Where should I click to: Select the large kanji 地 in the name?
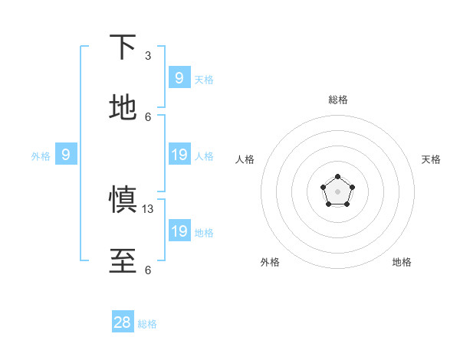(123, 108)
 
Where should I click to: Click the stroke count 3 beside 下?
(148, 56)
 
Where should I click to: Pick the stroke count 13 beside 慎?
(149, 208)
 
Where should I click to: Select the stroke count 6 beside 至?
(148, 270)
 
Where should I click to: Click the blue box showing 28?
(123, 322)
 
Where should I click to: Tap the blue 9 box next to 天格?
(179, 77)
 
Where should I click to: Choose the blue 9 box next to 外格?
(66, 155)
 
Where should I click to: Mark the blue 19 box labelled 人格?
(179, 155)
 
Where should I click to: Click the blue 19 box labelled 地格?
(179, 231)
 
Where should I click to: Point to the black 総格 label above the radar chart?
(337, 100)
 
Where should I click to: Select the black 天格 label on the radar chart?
(432, 159)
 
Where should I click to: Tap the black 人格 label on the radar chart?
(245, 159)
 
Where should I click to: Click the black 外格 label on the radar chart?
(270, 262)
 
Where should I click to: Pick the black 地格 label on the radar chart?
(402, 262)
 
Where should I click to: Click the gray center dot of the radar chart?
(337, 191)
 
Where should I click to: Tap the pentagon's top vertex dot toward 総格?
(337, 177)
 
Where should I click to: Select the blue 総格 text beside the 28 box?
(147, 324)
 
